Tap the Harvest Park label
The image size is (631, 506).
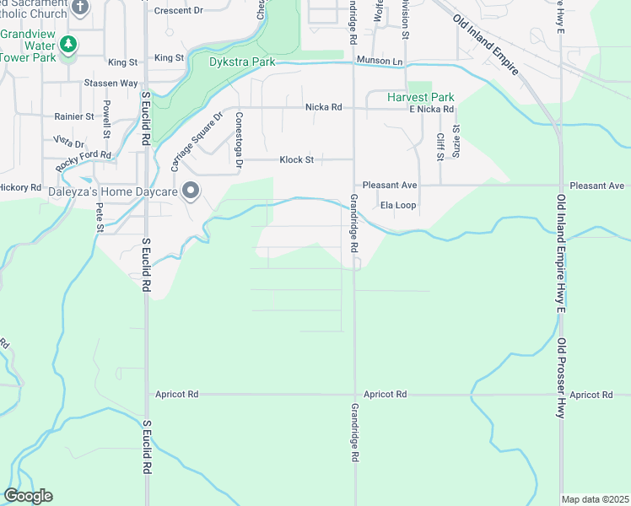[x=420, y=97]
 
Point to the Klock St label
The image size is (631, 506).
[x=297, y=159]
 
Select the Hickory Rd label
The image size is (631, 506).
[x=20, y=187]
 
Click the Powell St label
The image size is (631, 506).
[x=107, y=119]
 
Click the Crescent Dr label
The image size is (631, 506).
[x=180, y=11]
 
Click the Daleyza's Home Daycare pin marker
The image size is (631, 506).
[x=191, y=191]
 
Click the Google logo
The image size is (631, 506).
[x=28, y=496]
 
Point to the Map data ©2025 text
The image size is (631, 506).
[x=595, y=499]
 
